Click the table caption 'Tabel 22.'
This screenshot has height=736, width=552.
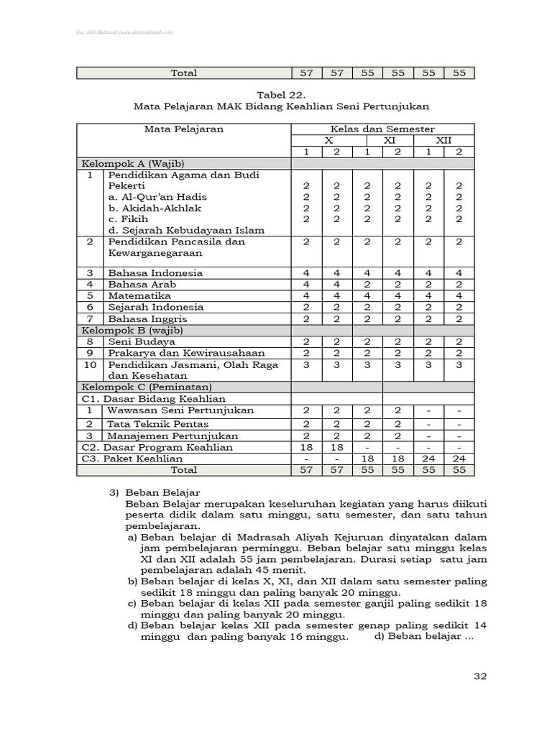(281, 94)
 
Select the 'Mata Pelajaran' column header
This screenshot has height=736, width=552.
(184, 129)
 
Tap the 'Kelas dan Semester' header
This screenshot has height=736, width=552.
(382, 129)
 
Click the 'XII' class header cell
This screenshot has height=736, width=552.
(443, 141)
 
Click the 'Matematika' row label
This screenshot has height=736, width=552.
(139, 295)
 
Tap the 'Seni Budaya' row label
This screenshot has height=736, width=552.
(142, 342)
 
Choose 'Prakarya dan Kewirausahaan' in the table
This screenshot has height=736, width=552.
(176, 353)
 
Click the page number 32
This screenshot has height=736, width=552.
(481, 676)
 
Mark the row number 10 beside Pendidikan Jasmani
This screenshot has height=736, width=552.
(91, 365)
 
